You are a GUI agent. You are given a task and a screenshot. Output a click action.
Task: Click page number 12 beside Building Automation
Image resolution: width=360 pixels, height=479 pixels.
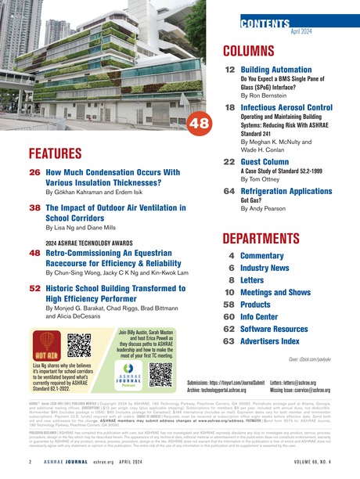click(230, 70)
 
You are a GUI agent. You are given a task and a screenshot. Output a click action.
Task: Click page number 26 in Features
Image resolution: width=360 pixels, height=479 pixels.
click(35, 172)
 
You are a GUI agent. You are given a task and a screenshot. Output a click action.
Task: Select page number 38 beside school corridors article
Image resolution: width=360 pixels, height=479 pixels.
click(35, 209)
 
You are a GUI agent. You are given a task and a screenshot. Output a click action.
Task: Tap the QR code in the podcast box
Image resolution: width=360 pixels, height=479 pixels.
click(161, 375)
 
